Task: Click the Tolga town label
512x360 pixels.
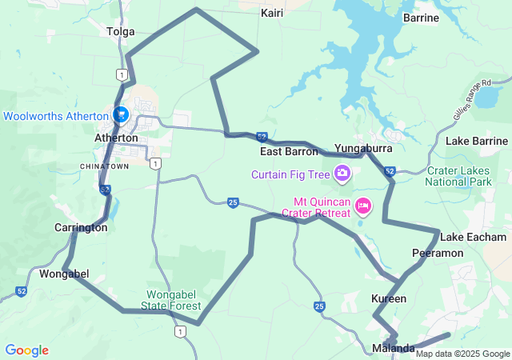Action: pos(120,31)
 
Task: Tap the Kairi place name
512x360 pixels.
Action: pos(272,13)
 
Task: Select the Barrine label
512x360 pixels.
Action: pos(421,17)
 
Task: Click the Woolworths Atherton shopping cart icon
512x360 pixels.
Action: pos(121,115)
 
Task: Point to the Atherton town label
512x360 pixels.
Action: pos(117,137)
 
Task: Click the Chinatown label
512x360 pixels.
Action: pos(104,166)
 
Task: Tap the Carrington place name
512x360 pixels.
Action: pos(81,227)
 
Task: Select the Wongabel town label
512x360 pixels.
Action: pos(64,274)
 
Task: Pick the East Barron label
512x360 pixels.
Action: pos(289,150)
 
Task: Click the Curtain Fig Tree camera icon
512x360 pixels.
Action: pos(342,173)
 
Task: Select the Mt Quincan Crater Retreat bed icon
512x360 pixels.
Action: pos(362,206)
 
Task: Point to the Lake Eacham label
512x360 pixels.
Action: pos(473,237)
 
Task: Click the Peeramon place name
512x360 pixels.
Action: pos(438,253)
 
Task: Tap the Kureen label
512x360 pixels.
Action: pos(389,298)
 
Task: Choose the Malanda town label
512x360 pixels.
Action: pos(394,348)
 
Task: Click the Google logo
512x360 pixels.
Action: pos(26,350)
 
